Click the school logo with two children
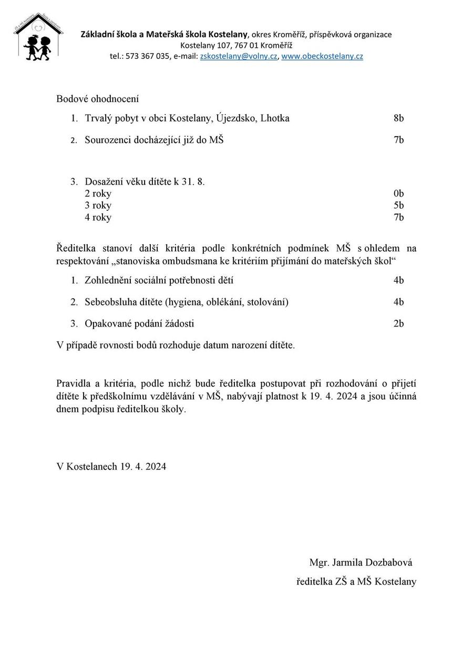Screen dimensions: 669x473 click(38, 37)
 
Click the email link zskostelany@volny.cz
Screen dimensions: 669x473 click(239, 56)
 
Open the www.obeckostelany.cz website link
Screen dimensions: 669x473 click(322, 56)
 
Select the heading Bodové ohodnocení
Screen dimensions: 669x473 click(97, 99)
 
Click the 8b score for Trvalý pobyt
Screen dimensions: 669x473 click(398, 118)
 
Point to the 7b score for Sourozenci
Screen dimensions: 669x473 click(398, 140)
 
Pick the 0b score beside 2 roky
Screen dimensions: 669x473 click(398, 194)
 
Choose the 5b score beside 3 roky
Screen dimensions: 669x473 click(398, 206)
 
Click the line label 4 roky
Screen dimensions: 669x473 click(98, 218)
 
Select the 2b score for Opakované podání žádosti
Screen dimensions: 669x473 click(398, 324)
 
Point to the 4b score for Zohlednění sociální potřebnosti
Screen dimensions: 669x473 click(398, 281)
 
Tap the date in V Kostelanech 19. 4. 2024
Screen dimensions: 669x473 click(143, 467)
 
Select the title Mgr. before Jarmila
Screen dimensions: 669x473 click(319, 563)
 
